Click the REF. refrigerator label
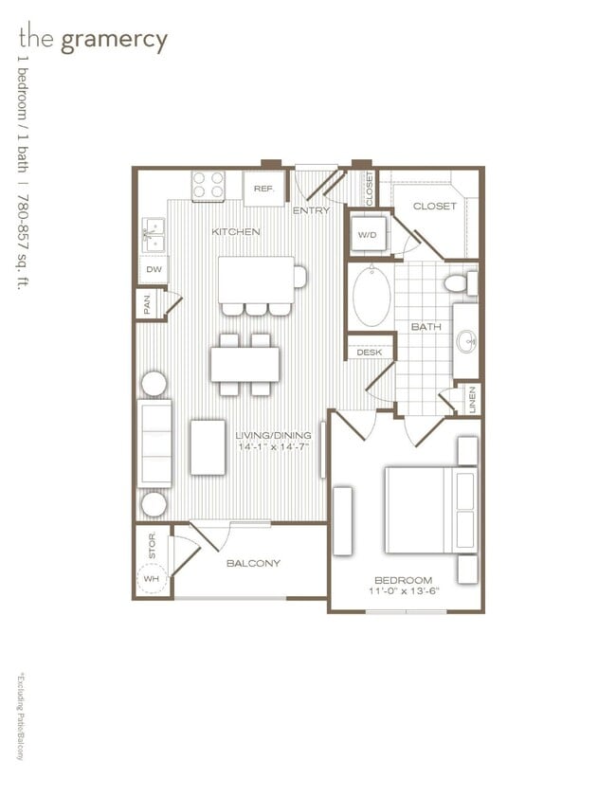coord(263,190)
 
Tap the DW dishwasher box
coord(152,270)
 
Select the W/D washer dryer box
coord(367,234)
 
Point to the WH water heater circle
coord(152,579)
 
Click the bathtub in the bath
coord(371,296)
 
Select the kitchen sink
coord(154,237)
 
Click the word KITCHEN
coord(236,232)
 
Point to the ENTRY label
coord(311,210)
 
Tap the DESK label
coord(368,353)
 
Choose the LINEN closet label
coord(471,399)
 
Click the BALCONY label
coord(253,563)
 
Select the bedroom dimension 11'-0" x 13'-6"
coord(403,591)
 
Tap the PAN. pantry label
coord(147,305)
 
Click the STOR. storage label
coord(152,544)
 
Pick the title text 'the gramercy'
coord(93,40)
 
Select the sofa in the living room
coord(154,443)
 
